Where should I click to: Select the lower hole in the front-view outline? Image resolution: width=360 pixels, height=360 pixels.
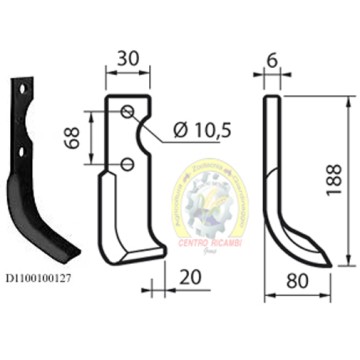pyautogui.click(x=128, y=163)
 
